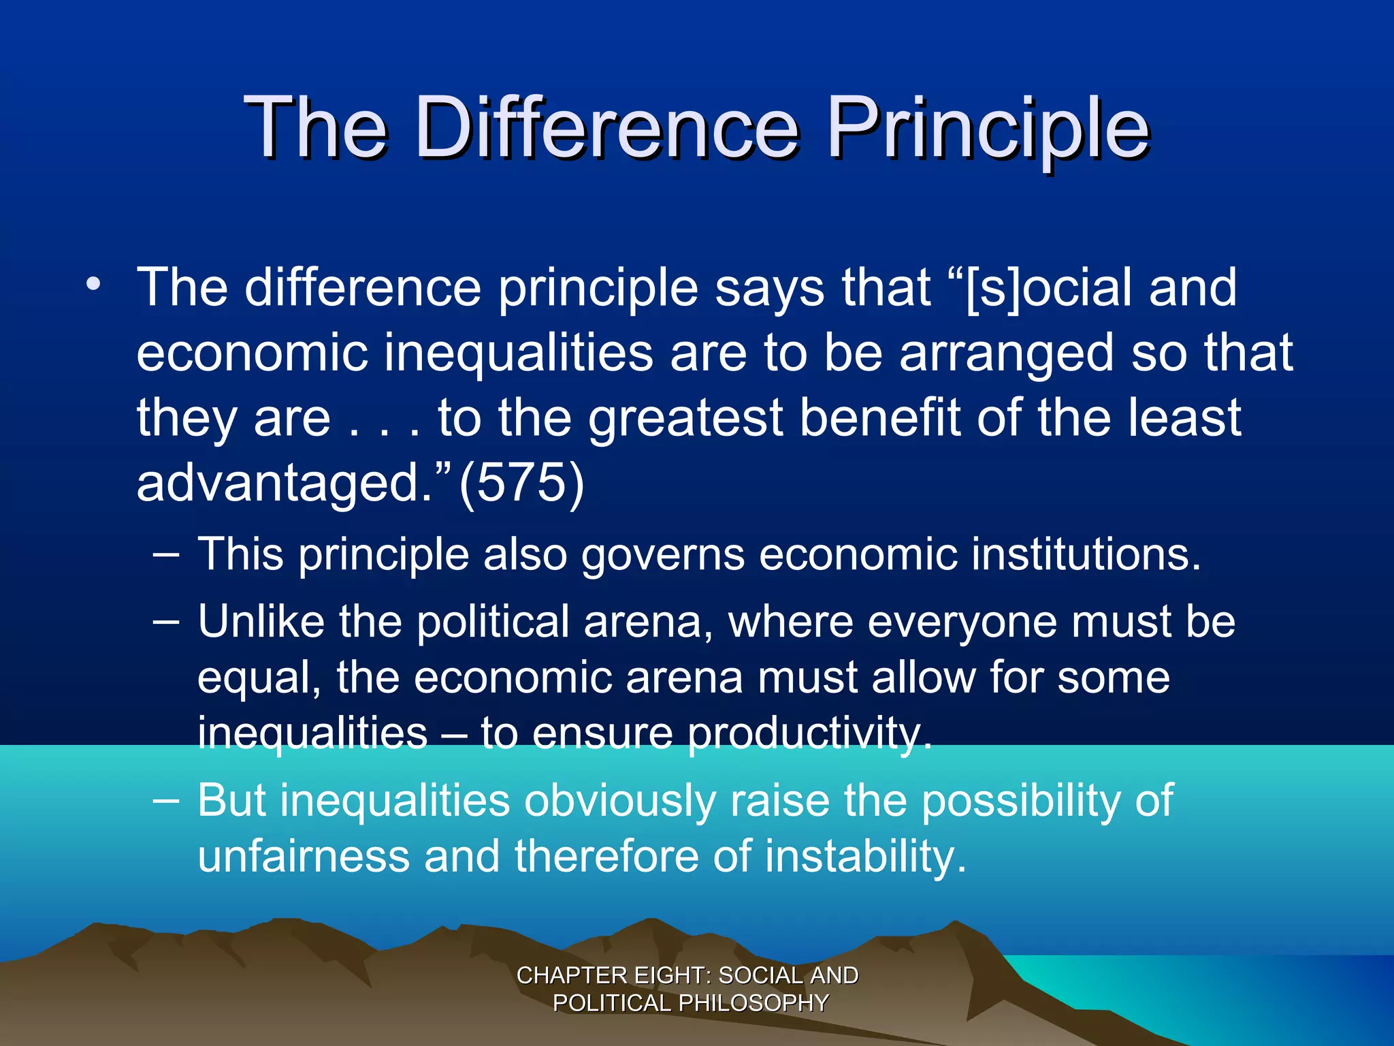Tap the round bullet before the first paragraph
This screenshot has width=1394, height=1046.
pyautogui.click(x=93, y=285)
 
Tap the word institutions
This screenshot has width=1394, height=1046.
pyautogui.click(x=1086, y=554)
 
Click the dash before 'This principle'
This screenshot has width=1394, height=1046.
pyautogui.click(x=167, y=555)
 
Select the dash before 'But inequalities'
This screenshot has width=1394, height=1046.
pyautogui.click(x=167, y=801)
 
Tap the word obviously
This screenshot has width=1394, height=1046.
pyautogui.click(x=619, y=801)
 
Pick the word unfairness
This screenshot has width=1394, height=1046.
pyautogui.click(x=304, y=856)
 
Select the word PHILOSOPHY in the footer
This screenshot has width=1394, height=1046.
pyautogui.click(x=753, y=1003)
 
